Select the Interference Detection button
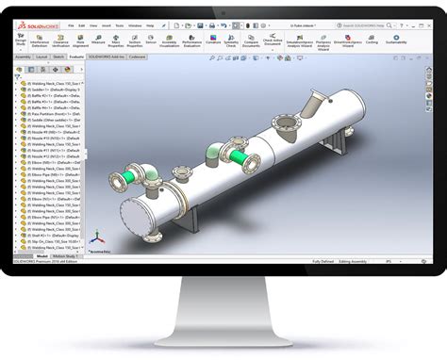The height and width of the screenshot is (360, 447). pyautogui.click(x=40, y=41)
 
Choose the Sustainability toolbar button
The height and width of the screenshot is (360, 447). pyautogui.click(x=396, y=41)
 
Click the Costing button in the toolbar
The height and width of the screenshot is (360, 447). pyautogui.click(x=371, y=41)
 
